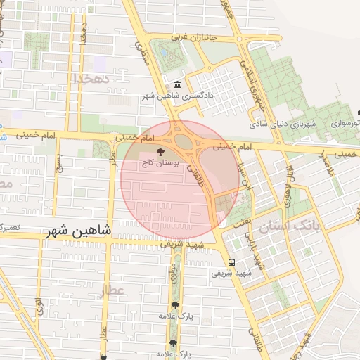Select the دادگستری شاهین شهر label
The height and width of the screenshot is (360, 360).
click(x=178, y=96)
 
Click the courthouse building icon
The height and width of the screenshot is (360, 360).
click(x=176, y=85)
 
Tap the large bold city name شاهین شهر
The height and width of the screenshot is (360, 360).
click(x=80, y=230)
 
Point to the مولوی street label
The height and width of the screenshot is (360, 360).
click(x=173, y=272)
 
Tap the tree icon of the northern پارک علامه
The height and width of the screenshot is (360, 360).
click(x=174, y=304)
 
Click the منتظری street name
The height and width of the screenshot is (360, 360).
click(x=143, y=53)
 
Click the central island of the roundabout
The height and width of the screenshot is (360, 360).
click(x=184, y=142)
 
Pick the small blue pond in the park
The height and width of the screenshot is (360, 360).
click(x=163, y=51)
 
